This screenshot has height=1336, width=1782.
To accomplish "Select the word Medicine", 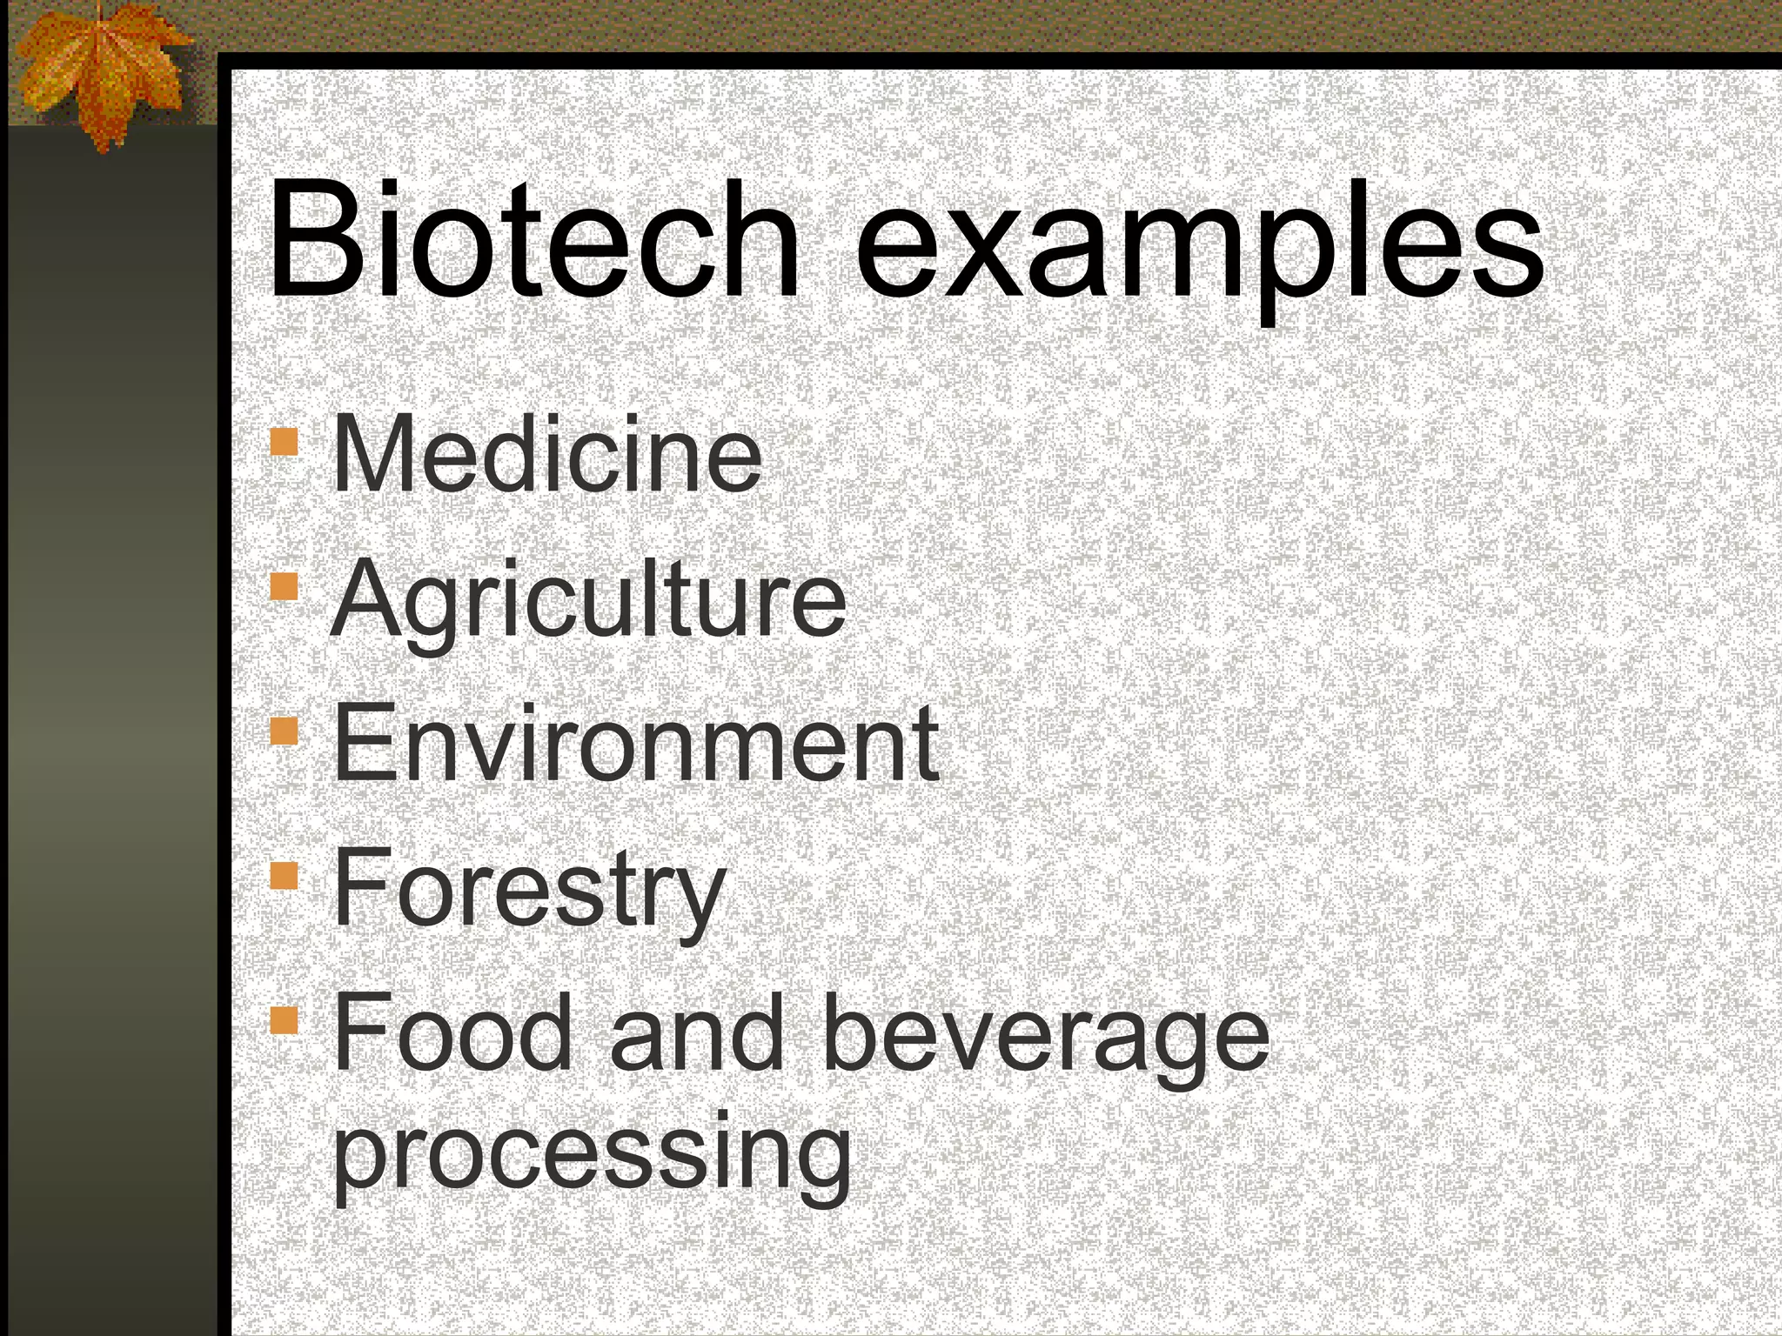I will [546, 454].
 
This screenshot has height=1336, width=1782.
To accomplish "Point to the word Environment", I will [635, 744].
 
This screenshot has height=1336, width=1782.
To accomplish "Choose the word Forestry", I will [528, 889].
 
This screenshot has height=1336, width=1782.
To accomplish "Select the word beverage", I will [1044, 1039].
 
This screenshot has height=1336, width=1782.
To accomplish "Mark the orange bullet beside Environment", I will [284, 731].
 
